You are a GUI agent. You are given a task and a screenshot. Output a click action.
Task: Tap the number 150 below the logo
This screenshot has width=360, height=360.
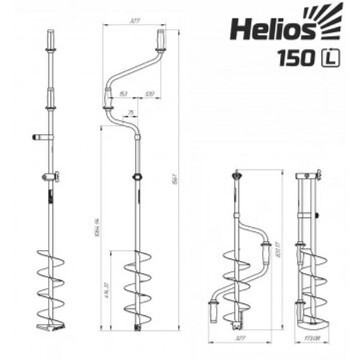click(297, 57)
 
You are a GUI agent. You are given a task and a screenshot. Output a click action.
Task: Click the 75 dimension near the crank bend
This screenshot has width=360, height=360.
click(131, 113)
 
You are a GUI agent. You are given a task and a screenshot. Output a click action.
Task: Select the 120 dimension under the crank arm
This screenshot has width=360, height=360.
click(150, 93)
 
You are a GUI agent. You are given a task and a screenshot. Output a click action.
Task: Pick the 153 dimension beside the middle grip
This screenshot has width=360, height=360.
click(124, 93)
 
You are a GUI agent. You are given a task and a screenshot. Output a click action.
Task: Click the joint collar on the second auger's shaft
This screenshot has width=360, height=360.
click(136, 177)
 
